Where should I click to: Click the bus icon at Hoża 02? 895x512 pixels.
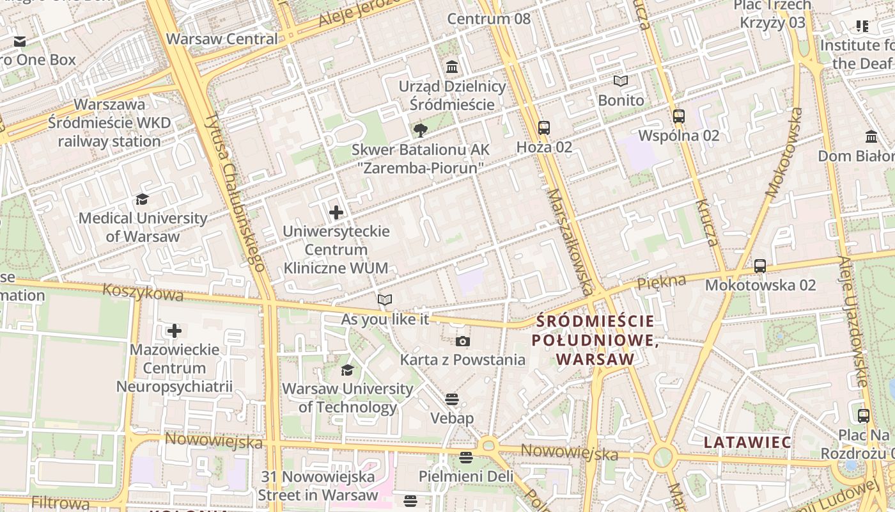pos(543,128)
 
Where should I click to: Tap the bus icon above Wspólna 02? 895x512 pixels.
pos(679,116)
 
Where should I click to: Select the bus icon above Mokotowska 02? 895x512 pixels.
pos(760,266)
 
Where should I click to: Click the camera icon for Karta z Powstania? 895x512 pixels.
pos(463,341)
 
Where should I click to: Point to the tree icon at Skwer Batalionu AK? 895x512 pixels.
pos(420,131)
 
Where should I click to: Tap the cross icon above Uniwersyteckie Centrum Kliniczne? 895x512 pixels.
pos(336,212)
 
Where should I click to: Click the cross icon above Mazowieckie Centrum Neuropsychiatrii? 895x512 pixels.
pos(174,331)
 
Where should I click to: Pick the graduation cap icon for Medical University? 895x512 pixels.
pos(142,200)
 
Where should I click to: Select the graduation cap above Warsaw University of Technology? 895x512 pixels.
pos(347,370)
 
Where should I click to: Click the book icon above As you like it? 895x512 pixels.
pos(384,300)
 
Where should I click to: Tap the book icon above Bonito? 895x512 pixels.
pos(621,81)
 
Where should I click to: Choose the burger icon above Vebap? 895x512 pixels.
pos(452,399)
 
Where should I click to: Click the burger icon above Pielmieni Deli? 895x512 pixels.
pos(465,457)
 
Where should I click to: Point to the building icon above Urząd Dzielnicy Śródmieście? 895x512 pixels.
pos(452,67)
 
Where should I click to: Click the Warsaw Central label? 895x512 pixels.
pos(222,38)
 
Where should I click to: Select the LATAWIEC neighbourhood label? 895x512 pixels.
pos(747,442)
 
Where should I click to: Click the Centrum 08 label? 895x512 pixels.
pos(488,19)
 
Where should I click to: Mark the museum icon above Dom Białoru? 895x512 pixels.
pos(871,137)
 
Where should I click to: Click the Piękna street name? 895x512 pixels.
pos(661,282)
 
